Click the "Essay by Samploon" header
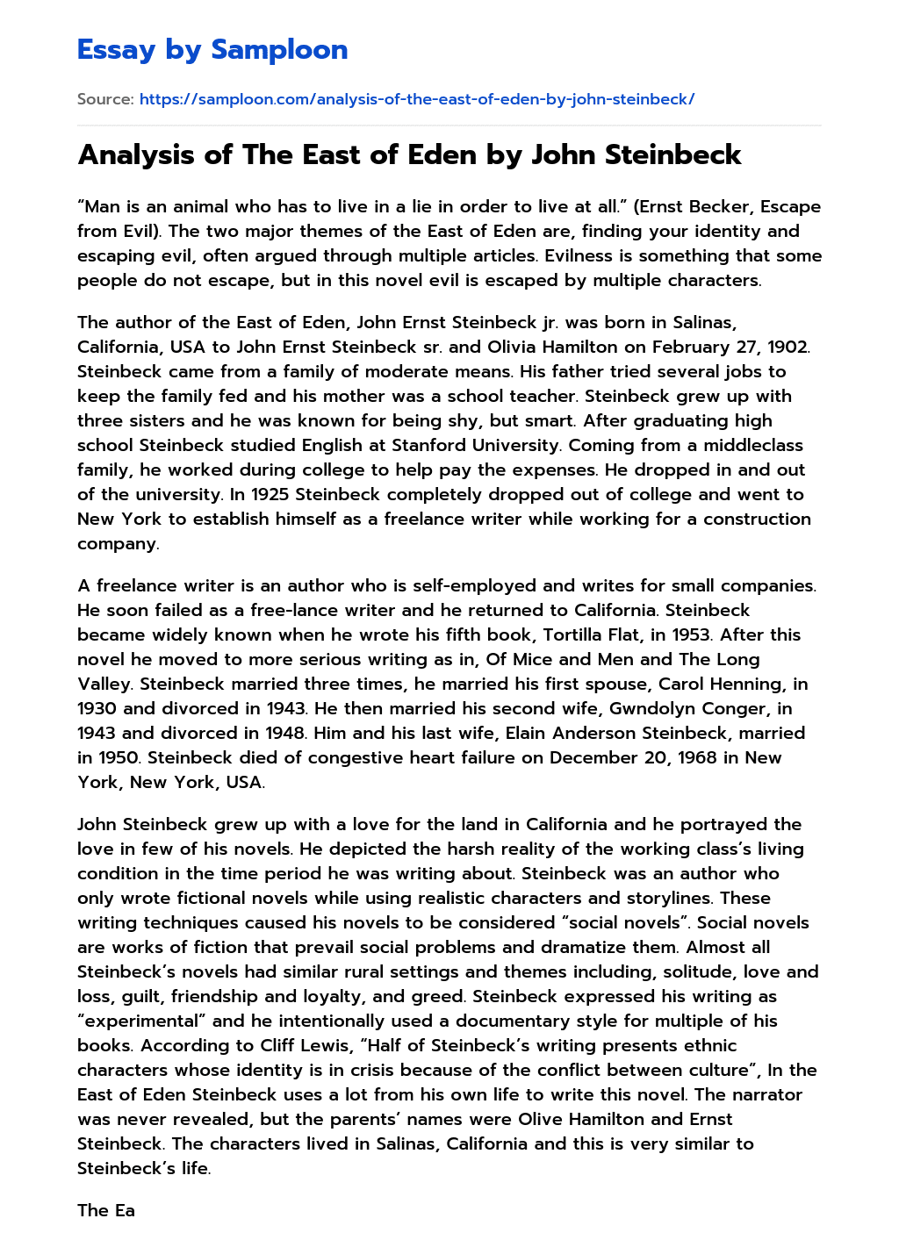(212, 49)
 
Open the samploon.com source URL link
(417, 99)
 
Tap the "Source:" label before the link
(105, 99)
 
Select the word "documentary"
(509, 1021)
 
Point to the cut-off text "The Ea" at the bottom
(106, 1210)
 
